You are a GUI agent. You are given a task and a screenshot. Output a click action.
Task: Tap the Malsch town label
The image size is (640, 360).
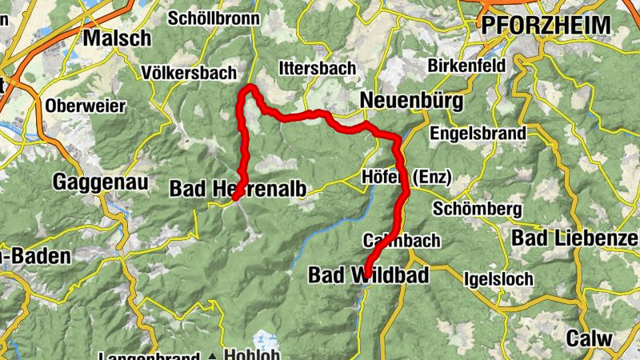117,38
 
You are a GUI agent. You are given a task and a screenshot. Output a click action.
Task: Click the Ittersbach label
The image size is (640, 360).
317,68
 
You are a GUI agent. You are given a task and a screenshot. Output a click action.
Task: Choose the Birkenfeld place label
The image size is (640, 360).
465,65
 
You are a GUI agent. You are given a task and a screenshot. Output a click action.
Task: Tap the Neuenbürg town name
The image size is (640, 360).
412,100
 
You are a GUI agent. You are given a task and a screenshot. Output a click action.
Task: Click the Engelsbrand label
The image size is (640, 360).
478,132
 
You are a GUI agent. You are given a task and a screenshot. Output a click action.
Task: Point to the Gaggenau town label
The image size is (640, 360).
100,182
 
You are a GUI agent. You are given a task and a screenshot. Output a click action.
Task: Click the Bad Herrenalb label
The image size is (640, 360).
230,189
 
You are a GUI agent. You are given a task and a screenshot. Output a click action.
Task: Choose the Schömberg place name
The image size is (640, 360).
477,209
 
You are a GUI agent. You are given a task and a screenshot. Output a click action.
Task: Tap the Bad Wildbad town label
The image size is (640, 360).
368,275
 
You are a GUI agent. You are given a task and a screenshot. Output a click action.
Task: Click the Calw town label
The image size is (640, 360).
590,338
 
